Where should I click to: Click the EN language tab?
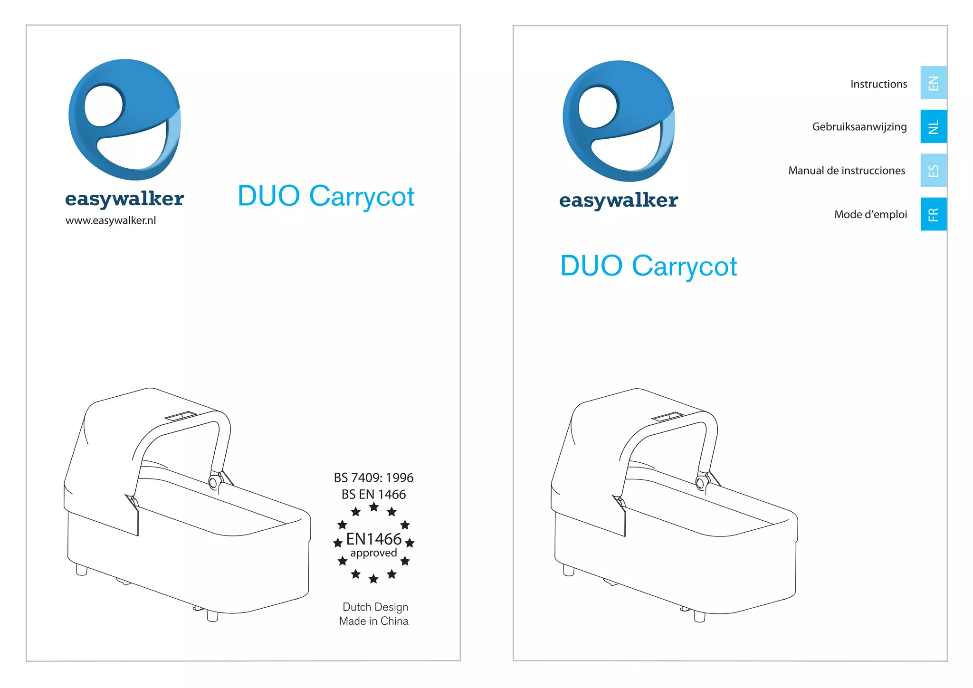click(933, 83)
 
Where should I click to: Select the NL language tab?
click(933, 126)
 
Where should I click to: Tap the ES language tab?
click(933, 170)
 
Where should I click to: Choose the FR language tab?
click(933, 214)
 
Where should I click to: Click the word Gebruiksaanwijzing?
click(859, 127)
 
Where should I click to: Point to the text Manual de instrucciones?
click(847, 171)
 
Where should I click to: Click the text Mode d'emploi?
click(870, 214)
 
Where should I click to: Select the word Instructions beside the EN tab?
click(878, 84)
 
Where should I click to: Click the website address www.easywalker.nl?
click(111, 220)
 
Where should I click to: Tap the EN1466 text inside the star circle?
click(373, 539)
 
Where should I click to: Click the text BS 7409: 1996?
click(373, 478)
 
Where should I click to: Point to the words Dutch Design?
click(375, 607)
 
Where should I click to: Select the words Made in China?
click(374, 621)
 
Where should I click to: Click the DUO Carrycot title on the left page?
click(326, 196)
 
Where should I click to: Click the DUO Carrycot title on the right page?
click(649, 266)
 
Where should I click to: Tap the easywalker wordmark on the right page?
click(619, 200)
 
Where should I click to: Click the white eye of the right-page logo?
click(598, 107)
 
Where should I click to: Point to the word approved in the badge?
click(373, 553)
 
